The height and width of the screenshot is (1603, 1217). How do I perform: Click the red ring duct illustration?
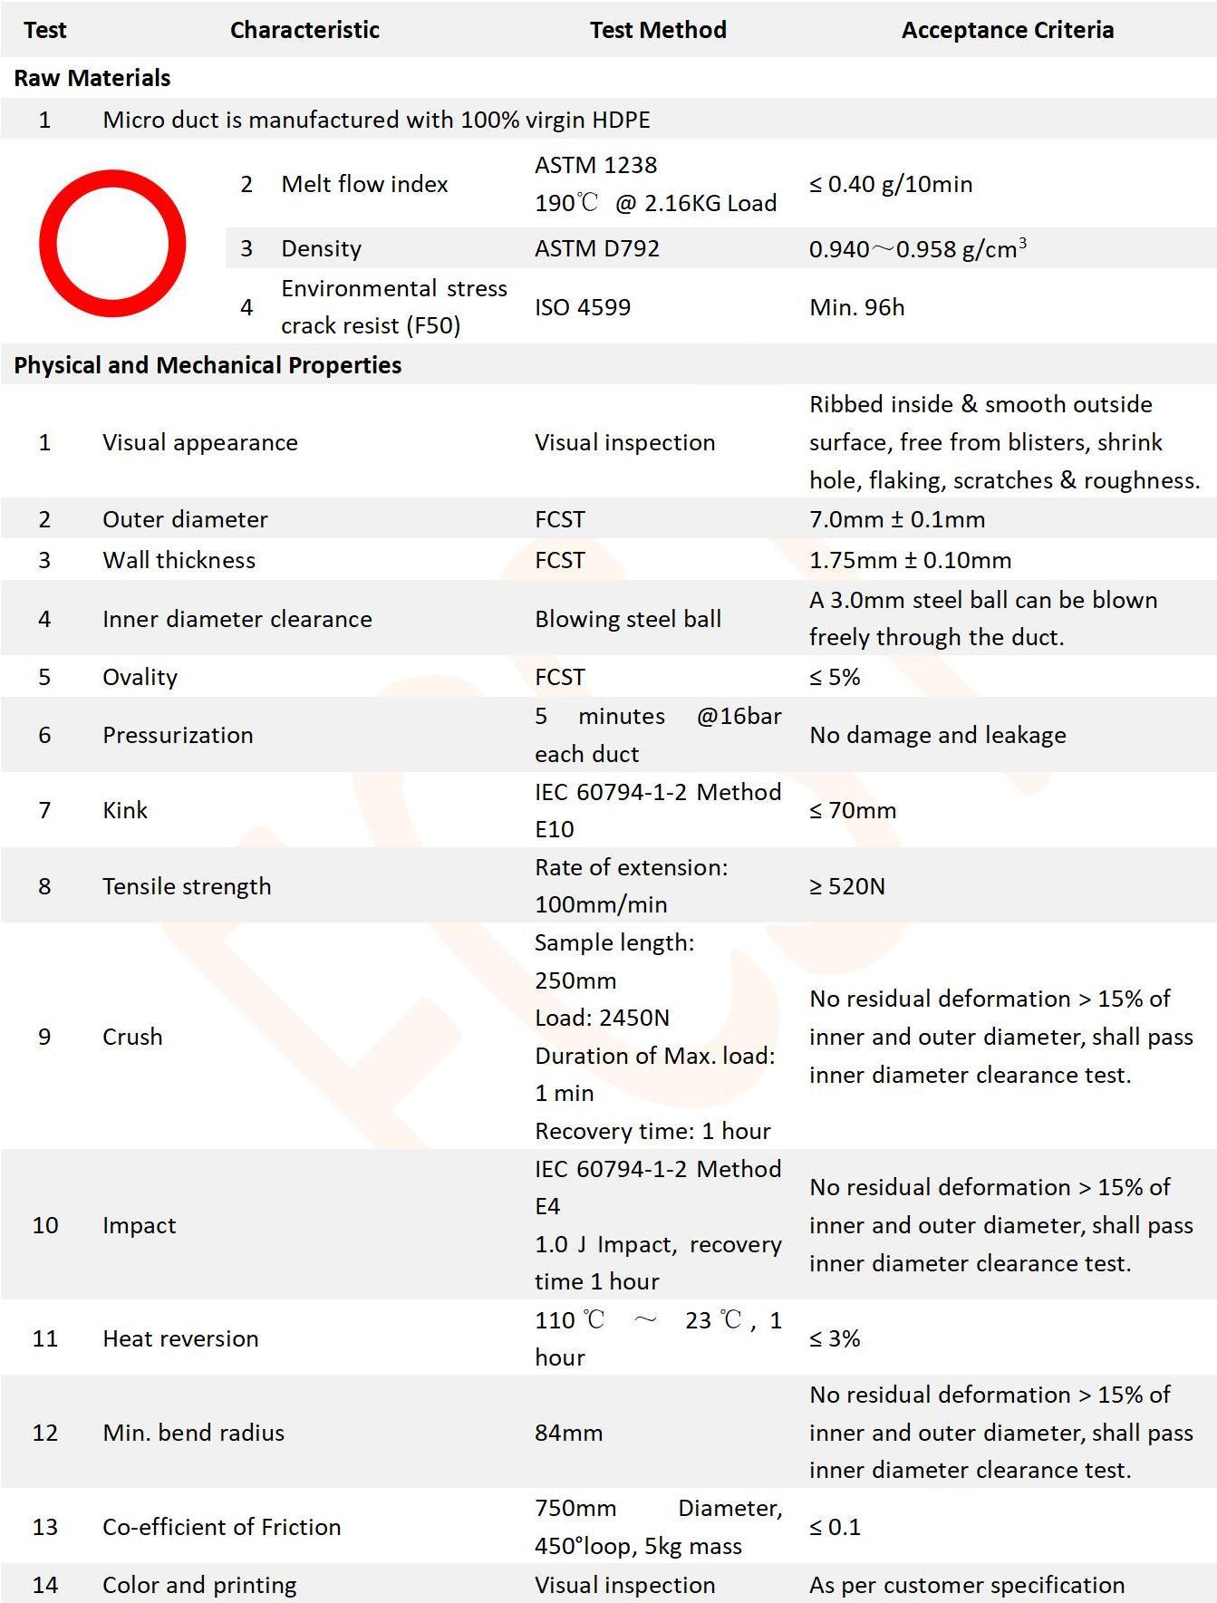pyautogui.click(x=112, y=243)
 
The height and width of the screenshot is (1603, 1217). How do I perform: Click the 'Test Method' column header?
pyautogui.click(x=658, y=30)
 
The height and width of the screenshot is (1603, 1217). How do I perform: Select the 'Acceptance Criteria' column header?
pyautogui.click(x=1007, y=30)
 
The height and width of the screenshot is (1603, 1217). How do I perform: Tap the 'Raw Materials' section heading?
pyautogui.click(x=92, y=78)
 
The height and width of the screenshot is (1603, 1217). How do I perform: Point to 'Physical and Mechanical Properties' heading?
pyautogui.click(x=208, y=365)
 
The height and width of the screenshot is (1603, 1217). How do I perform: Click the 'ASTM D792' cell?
pyautogui.click(x=597, y=248)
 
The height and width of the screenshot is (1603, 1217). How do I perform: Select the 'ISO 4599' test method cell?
pyautogui.click(x=583, y=307)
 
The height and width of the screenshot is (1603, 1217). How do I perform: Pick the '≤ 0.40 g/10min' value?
pyautogui.click(x=891, y=184)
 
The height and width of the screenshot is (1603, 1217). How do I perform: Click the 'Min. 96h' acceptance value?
pyautogui.click(x=856, y=307)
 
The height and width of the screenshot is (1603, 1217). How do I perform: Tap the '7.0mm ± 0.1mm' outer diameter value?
pyautogui.click(x=897, y=519)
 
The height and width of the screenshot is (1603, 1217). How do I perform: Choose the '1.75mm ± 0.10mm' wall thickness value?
pyautogui.click(x=910, y=560)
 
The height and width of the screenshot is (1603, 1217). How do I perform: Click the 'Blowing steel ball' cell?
pyautogui.click(x=628, y=619)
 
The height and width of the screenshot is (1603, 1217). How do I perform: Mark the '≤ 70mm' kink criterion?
pyautogui.click(x=853, y=810)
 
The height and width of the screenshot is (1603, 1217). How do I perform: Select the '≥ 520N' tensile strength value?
pyautogui.click(x=847, y=886)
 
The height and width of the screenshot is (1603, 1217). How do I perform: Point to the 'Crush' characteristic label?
pyautogui.click(x=132, y=1037)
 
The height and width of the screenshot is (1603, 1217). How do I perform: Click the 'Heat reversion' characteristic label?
pyautogui.click(x=180, y=1338)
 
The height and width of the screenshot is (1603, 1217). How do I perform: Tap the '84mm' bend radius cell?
pyautogui.click(x=568, y=1433)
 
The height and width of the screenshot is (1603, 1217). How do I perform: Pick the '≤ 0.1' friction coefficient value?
pyautogui.click(x=835, y=1527)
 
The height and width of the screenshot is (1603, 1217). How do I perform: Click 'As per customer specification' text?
pyautogui.click(x=967, y=1585)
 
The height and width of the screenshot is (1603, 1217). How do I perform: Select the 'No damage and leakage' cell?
pyautogui.click(x=938, y=735)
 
